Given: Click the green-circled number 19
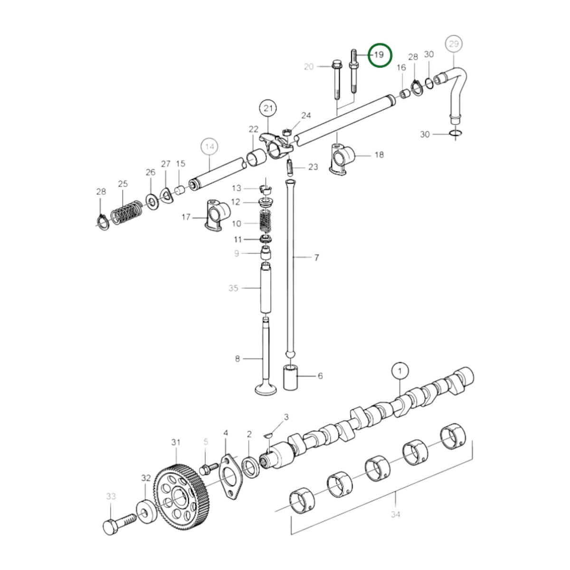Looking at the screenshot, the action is pos(380,55).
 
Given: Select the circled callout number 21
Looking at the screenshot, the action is pos(268,109).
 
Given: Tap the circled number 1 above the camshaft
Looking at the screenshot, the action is pos(400,371).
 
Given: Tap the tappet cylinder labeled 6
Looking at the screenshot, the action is pos(291,378).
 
